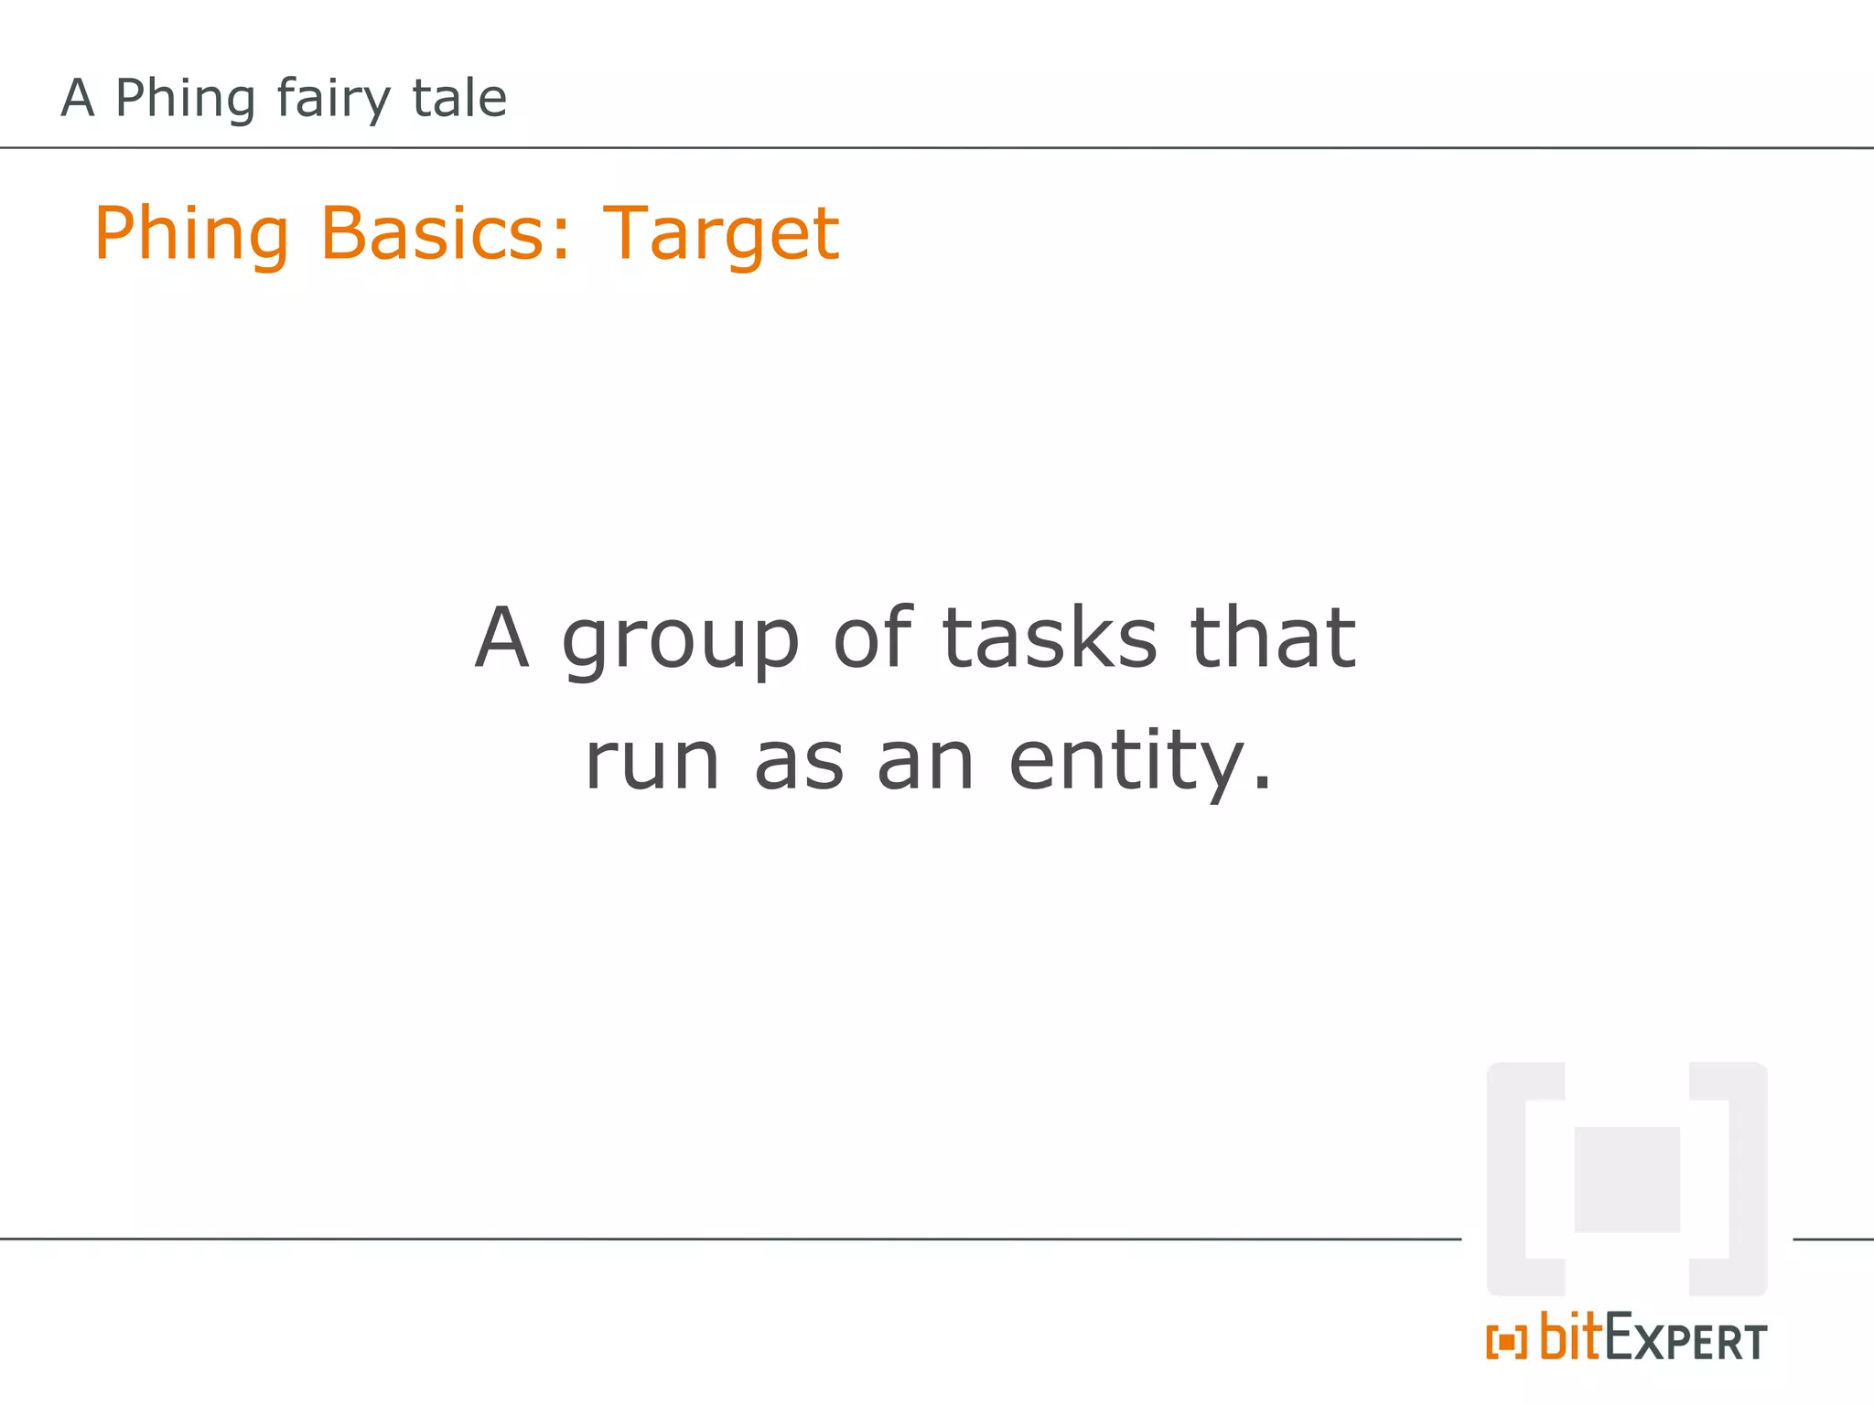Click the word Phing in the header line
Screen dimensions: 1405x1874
185,99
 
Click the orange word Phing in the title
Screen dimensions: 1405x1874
191,234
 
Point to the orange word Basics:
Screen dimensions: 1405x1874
446,233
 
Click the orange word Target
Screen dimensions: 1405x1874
720,234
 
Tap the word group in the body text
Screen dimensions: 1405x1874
680,640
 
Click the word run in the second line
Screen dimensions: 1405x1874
652,762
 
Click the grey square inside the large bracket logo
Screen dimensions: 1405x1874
1627,1179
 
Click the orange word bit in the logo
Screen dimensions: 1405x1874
1571,1336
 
